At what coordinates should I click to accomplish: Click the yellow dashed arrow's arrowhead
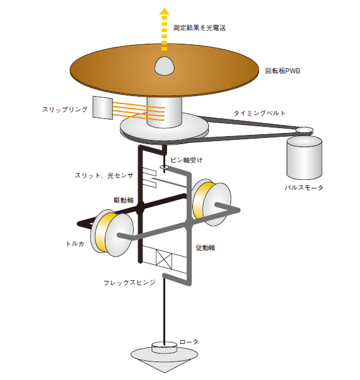click(x=165, y=11)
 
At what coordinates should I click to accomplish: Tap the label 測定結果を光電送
click(x=199, y=28)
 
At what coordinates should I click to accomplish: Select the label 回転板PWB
click(x=282, y=71)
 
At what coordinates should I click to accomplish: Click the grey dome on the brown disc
click(x=165, y=66)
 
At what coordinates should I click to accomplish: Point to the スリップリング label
click(x=65, y=109)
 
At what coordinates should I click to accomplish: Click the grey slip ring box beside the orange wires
click(x=102, y=108)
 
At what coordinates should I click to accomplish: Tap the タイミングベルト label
click(x=260, y=113)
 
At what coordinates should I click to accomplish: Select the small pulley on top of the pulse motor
click(x=304, y=131)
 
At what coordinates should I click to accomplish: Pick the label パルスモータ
click(x=304, y=188)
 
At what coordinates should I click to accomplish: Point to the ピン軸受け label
click(x=186, y=160)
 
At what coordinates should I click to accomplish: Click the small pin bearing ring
click(x=165, y=167)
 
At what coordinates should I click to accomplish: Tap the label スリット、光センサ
click(x=104, y=176)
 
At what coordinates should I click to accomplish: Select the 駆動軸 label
click(x=124, y=200)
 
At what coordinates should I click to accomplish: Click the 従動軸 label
click(x=205, y=248)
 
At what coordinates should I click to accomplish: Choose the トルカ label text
click(x=75, y=243)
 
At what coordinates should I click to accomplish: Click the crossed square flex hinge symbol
click(x=164, y=258)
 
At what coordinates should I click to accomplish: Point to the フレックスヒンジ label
click(x=129, y=283)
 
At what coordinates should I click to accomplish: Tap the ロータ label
click(x=189, y=342)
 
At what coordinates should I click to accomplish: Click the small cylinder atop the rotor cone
click(x=164, y=347)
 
